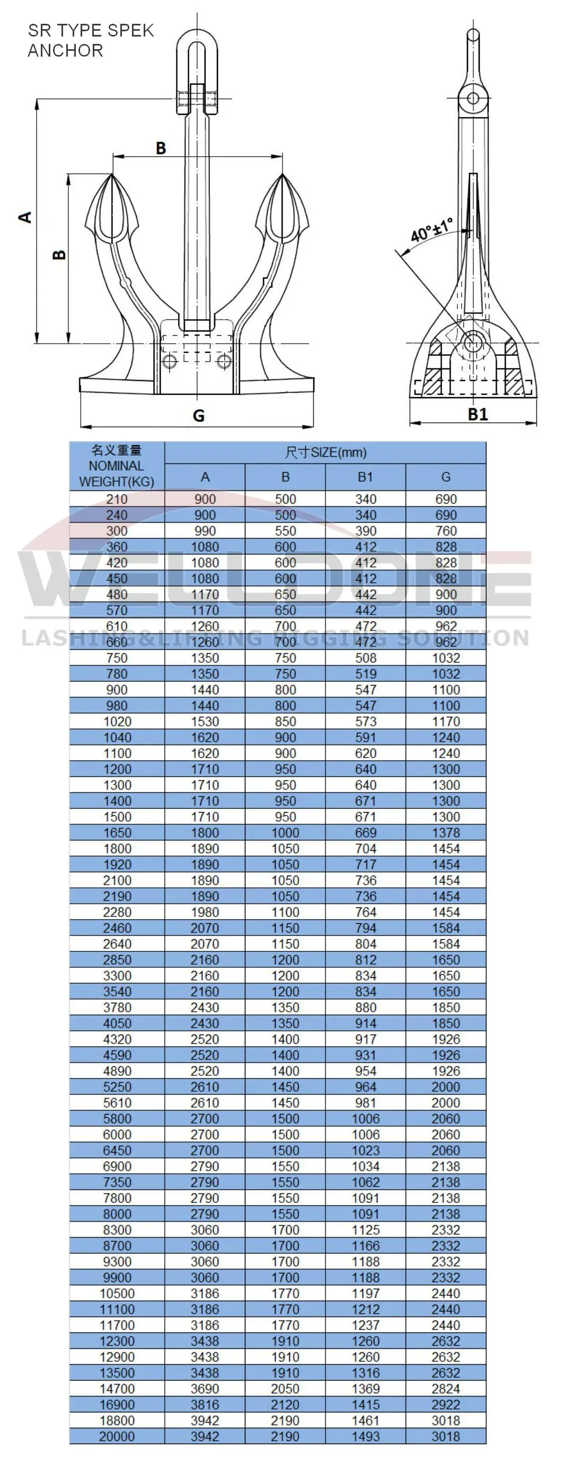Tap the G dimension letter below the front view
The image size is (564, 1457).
[x=198, y=416]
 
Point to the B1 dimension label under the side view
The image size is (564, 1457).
[x=478, y=415]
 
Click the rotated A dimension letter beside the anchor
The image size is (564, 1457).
[x=25, y=217]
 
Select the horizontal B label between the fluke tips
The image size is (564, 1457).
[x=161, y=148]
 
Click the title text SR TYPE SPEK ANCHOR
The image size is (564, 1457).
[x=91, y=40]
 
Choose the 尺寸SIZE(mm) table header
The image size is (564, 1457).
[x=325, y=453]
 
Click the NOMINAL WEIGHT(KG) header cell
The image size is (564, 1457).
[x=117, y=466]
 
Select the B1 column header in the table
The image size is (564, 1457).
[x=365, y=478]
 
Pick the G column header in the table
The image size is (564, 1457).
[x=446, y=478]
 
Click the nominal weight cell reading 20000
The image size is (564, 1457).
[x=117, y=1436]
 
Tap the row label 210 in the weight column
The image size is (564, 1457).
[x=117, y=499]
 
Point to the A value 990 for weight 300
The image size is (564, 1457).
[x=205, y=530]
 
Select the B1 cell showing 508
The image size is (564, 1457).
[x=365, y=658]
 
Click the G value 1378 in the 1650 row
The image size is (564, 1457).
[x=446, y=833]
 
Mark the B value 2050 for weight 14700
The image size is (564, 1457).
[x=285, y=1389]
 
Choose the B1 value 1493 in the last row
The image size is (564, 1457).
[x=365, y=1436]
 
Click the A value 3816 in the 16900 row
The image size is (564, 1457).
[x=205, y=1405]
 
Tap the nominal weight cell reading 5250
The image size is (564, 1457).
[x=117, y=1086]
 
